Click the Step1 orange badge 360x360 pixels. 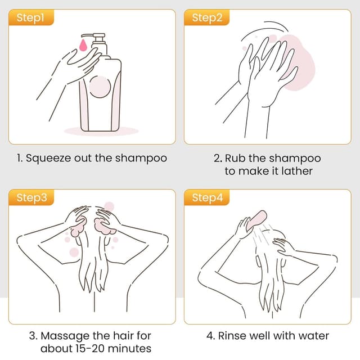30,18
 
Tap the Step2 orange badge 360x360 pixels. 207,18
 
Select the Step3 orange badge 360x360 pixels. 30,197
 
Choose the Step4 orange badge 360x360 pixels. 207,197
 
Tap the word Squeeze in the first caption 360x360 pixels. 46,158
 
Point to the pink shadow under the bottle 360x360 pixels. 101,131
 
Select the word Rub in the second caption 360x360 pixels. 234,158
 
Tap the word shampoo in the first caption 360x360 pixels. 141,158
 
